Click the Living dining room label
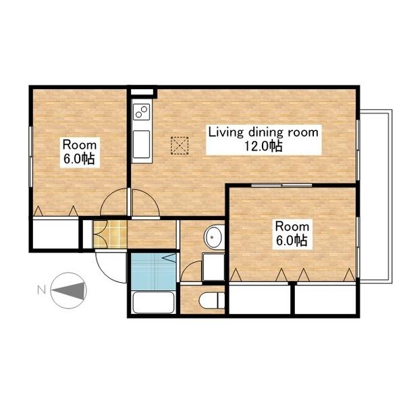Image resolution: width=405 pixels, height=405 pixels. [x=263, y=132]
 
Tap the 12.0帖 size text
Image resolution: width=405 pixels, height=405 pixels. [x=263, y=146]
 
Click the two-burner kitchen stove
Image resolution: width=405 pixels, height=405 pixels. [x=141, y=112]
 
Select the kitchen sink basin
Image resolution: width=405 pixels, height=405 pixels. [x=141, y=144]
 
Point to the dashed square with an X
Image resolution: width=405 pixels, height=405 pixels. [x=180, y=146]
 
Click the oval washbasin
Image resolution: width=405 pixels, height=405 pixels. [x=214, y=237]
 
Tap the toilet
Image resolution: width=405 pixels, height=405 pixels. [x=212, y=300]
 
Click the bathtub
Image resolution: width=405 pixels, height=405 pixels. [x=153, y=302]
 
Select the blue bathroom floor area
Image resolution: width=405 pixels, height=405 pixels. [x=154, y=271]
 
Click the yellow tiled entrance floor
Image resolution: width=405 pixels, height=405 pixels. [x=110, y=234]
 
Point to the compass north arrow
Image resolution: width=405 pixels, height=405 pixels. [x=69, y=290]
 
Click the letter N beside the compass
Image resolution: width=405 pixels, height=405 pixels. [x=42, y=290]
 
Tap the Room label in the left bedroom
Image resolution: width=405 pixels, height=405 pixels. [x=80, y=145]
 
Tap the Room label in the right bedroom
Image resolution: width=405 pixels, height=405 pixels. [x=292, y=227]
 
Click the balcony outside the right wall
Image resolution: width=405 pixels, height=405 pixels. [x=376, y=196]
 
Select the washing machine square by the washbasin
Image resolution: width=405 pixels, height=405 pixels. [x=213, y=267]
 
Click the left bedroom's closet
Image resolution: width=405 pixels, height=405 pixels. [x=56, y=234]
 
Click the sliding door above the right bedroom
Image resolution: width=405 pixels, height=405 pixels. [x=281, y=185]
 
